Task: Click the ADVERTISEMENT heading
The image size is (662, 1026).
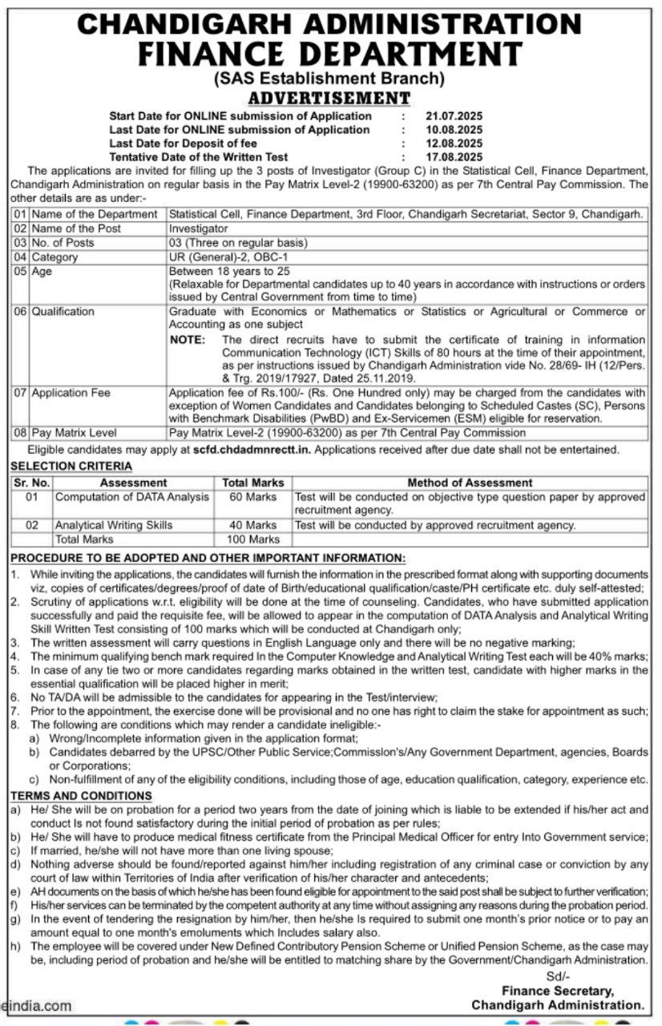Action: tap(329, 98)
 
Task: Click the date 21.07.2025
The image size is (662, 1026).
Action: tap(454, 115)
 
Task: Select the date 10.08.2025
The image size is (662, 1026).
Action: tap(454, 129)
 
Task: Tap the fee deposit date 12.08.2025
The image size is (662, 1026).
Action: tap(454, 143)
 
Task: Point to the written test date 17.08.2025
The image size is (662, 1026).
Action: tap(454, 156)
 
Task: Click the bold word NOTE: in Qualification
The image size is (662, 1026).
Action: tap(188, 340)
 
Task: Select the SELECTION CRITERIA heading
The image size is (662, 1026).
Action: tap(71, 466)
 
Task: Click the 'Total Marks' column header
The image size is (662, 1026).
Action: tap(253, 483)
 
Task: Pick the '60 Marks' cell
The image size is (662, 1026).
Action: tap(253, 497)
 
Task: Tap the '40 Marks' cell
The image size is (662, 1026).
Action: tap(253, 525)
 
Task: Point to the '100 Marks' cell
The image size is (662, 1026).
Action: tap(253, 539)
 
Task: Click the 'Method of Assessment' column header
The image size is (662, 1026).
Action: tap(470, 483)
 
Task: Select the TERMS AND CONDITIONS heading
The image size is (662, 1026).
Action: tap(80, 795)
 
